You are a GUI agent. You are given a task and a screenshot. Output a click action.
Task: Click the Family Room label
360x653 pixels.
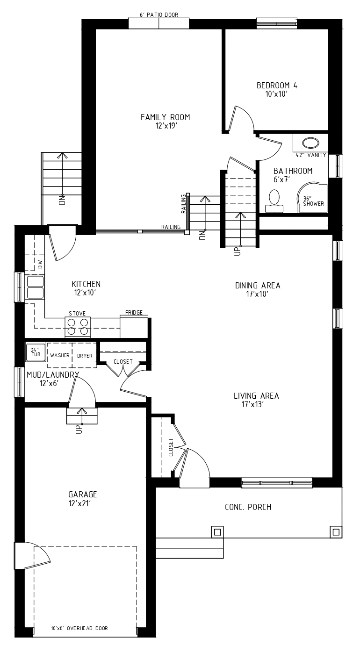pos(166,117)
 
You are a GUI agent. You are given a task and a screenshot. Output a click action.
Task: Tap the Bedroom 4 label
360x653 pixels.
pos(277,86)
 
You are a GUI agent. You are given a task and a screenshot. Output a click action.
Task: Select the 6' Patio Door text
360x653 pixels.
pos(159,15)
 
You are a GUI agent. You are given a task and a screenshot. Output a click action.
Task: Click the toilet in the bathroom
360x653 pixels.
pos(274,201)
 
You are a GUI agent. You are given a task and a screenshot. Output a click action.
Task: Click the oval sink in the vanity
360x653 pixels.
pos(311,143)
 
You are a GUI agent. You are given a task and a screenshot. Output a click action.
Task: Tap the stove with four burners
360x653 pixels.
pos(78,327)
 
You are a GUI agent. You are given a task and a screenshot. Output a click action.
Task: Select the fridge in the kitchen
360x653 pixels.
pos(134,327)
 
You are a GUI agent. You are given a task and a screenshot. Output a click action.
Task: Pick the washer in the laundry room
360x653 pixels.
pos(60,355)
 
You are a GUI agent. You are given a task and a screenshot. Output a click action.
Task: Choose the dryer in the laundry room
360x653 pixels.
pos(85,355)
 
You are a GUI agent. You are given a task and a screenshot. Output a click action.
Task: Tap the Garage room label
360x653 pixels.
pos(82,495)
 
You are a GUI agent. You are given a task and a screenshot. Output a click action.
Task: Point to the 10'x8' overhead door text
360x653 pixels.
pos(79,628)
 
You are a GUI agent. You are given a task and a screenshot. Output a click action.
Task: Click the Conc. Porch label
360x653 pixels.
pos(248,507)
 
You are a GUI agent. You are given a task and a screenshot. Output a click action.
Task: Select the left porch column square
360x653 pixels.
pos(217,532)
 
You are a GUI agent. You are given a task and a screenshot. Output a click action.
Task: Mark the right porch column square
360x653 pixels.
pos(336,532)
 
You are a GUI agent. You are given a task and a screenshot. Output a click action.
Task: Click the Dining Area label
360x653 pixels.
pos(258,286)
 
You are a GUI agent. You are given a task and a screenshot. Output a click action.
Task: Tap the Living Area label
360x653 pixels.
pos(256,396)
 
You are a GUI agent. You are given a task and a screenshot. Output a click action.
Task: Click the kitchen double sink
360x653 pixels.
pos(35,287)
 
